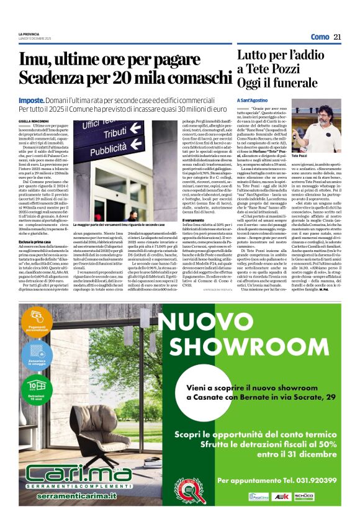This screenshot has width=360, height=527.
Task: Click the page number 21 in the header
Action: (338, 37)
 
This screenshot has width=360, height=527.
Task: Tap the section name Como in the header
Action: (320, 37)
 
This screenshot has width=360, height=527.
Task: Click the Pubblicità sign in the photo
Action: (112, 149)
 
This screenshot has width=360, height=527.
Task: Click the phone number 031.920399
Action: (314, 480)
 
